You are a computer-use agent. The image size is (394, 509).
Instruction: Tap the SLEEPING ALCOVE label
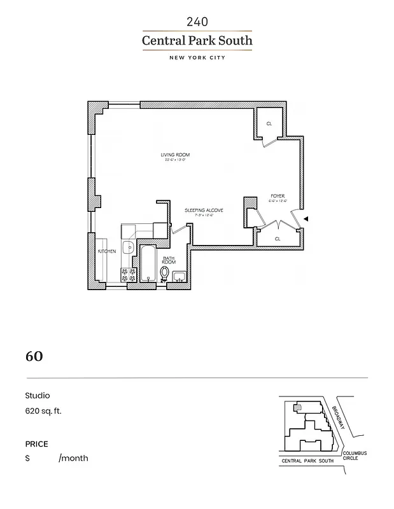pyautogui.click(x=204, y=209)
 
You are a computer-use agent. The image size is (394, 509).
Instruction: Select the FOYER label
pyautogui.click(x=278, y=196)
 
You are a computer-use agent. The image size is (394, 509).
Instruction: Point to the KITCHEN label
pyautogui.click(x=106, y=252)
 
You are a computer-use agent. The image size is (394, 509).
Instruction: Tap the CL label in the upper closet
pyautogui.click(x=269, y=123)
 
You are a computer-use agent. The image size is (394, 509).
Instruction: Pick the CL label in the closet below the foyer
pyautogui.click(x=277, y=239)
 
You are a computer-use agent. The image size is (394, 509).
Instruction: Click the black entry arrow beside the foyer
pyautogui.click(x=307, y=219)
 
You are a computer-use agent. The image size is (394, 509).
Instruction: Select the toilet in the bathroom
pyautogui.click(x=165, y=274)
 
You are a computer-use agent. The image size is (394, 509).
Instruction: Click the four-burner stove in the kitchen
pyautogui.click(x=129, y=274)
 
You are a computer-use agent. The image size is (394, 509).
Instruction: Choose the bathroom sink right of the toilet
pyautogui.click(x=179, y=275)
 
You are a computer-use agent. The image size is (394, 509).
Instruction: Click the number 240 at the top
pyautogui.click(x=197, y=22)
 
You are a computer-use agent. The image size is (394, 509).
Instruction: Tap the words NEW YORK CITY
pyautogui.click(x=197, y=57)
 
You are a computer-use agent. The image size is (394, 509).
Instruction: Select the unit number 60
pyautogui.click(x=34, y=356)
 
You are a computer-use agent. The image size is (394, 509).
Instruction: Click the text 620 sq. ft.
pyautogui.click(x=43, y=411)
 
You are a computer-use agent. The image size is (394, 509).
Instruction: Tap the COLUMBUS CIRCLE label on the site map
pyautogui.click(x=355, y=456)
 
